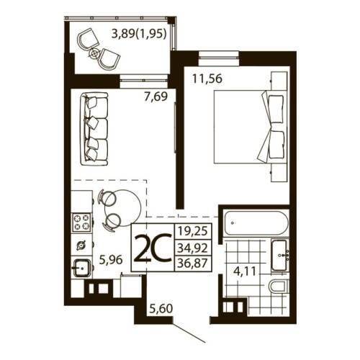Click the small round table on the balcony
(95, 53)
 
